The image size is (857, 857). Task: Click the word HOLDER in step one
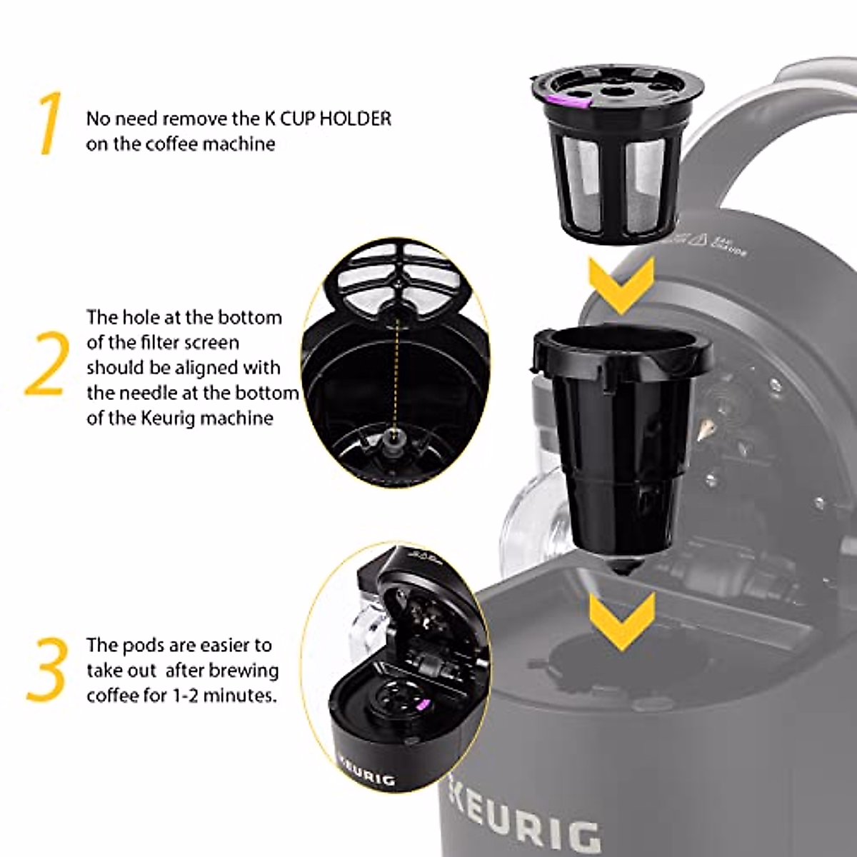(355, 119)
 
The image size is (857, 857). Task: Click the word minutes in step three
(239, 695)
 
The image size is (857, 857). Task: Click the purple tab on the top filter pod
(576, 101)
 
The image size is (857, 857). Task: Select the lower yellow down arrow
(621, 619)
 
